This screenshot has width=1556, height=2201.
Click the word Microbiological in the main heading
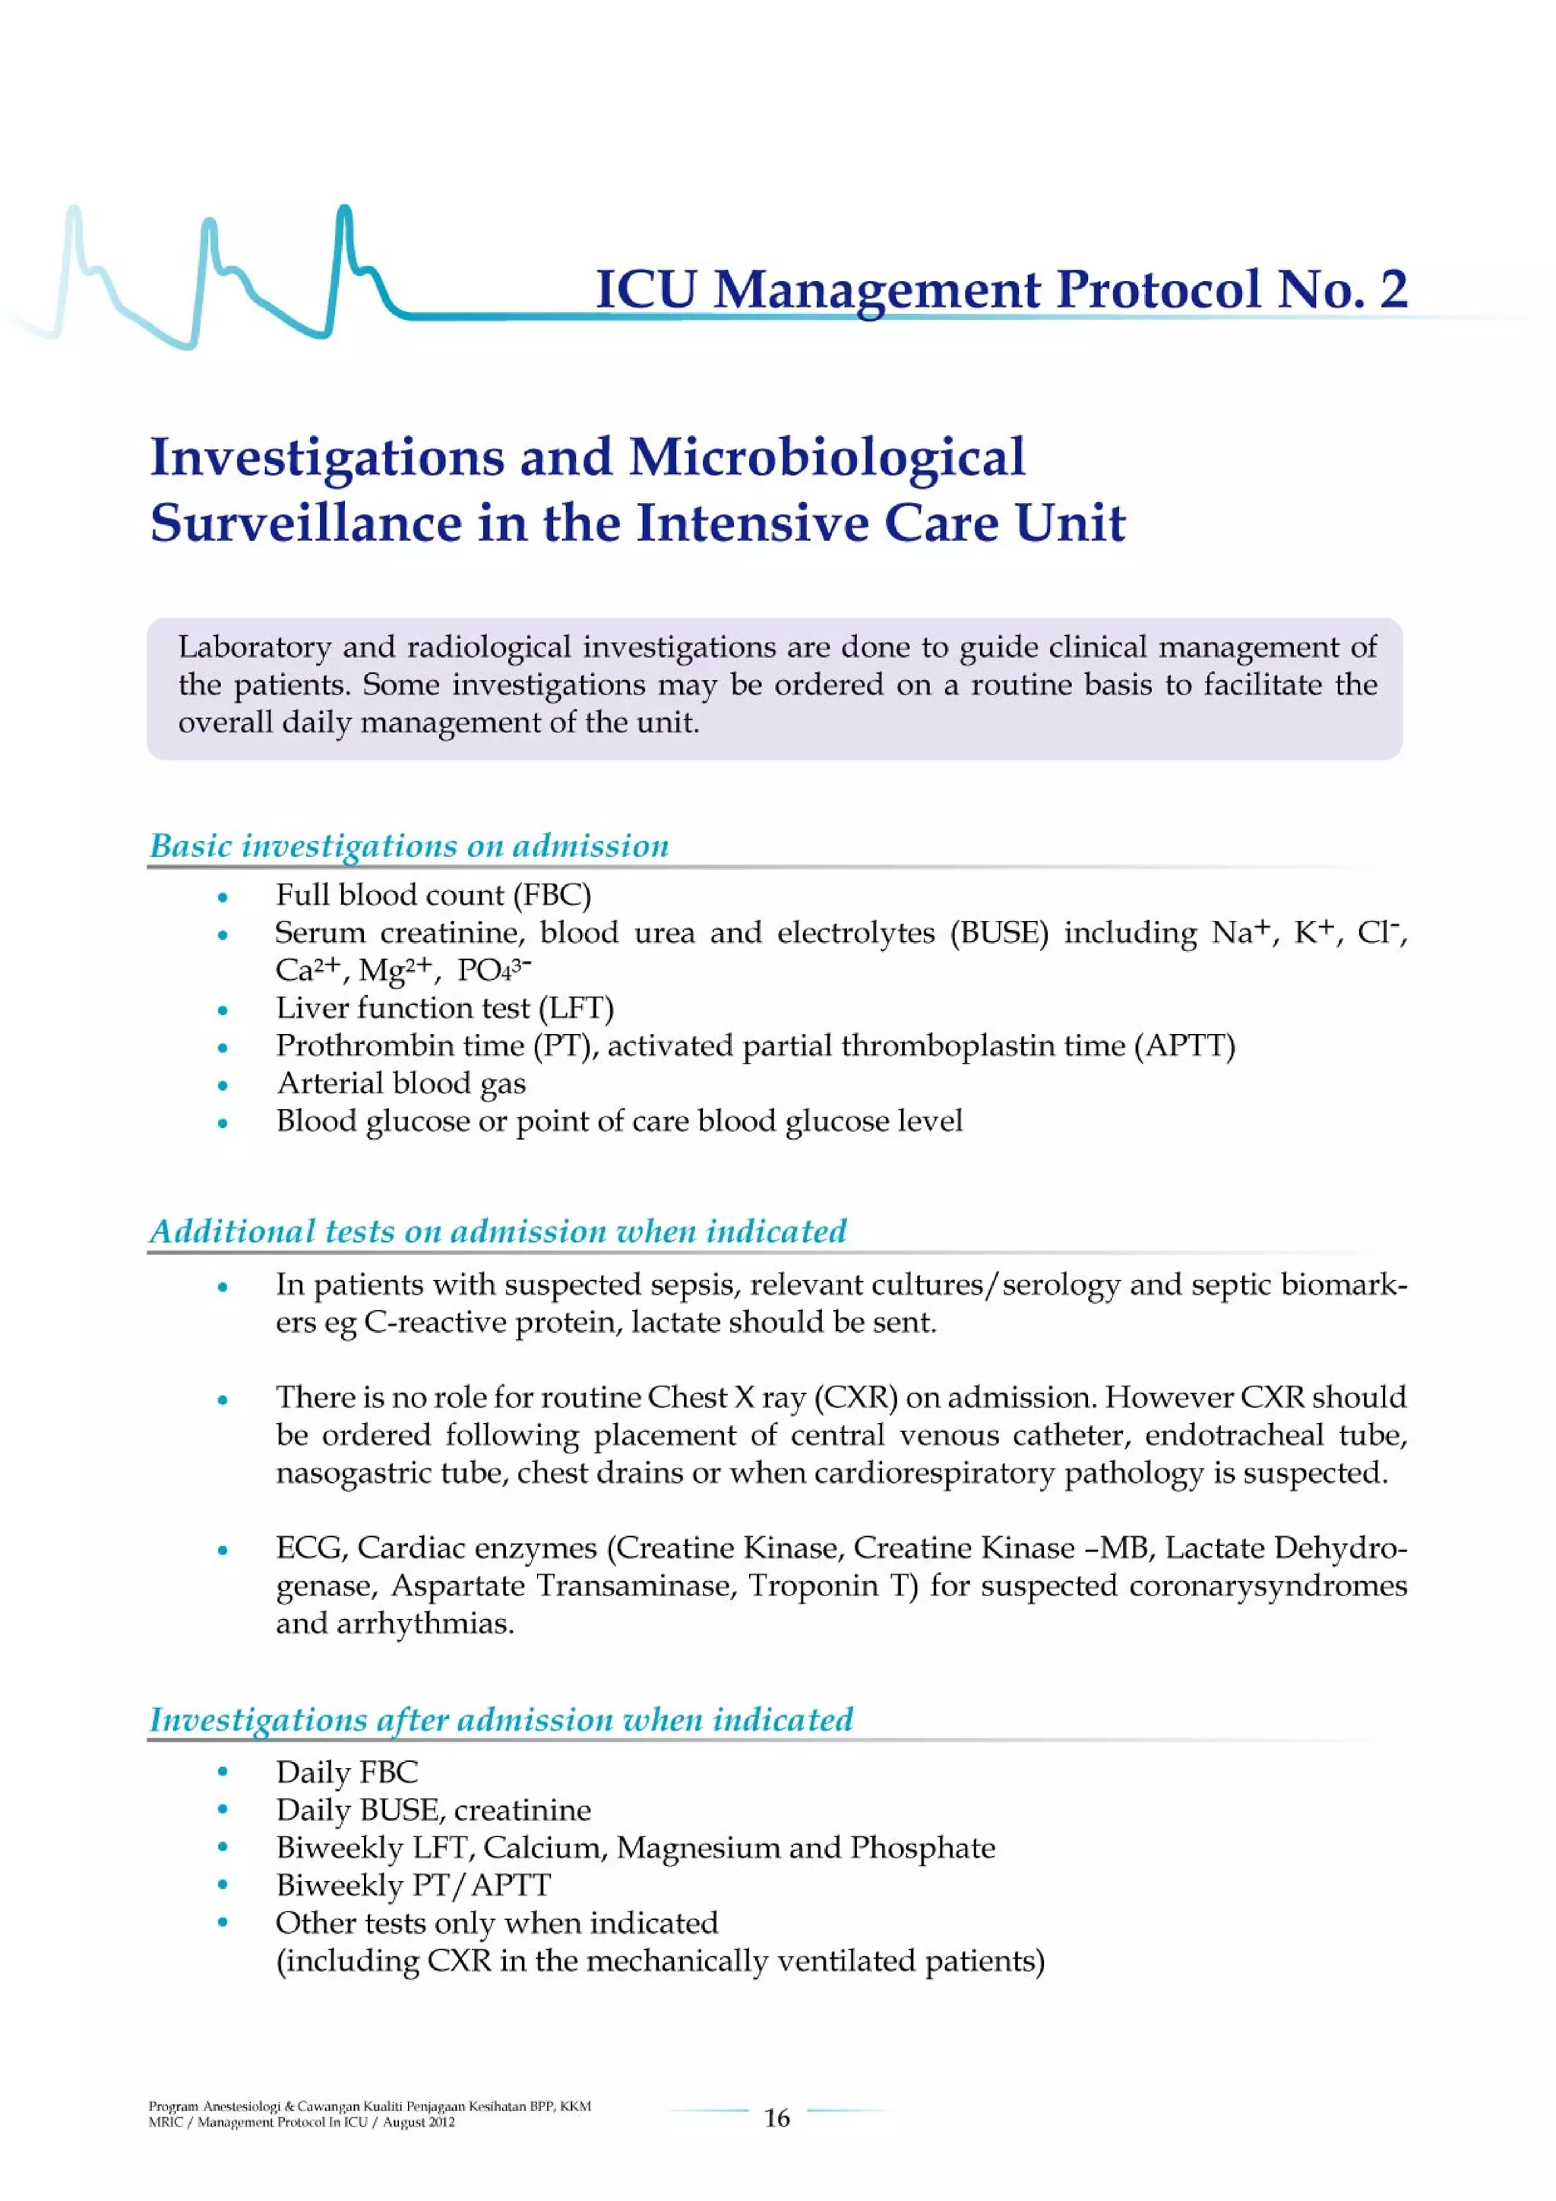827,457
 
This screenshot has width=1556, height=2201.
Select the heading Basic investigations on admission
410,846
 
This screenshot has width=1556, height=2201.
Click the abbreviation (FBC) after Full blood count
552,895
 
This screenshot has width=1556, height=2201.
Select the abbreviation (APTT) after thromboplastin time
1184,1046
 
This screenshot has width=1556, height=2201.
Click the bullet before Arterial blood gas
223,1085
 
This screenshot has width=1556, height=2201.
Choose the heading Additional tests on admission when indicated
498,1231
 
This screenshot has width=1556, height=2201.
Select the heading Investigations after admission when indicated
501,1719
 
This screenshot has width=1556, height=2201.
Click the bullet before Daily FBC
223,1772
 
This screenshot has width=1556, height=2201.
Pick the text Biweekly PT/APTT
413,1886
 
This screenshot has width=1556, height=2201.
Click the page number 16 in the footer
776,2117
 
